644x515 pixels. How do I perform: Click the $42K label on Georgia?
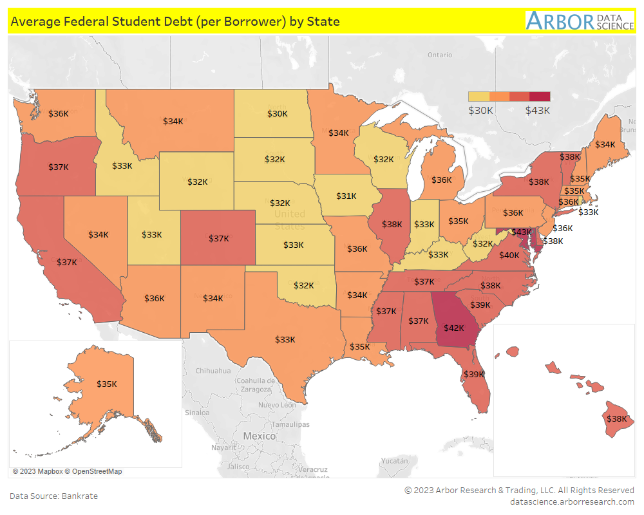point(453,328)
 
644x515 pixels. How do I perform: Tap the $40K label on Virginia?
point(509,256)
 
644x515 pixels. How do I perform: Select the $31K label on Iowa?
point(346,196)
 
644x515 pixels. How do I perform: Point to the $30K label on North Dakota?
point(278,114)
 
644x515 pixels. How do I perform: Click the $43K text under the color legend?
point(538,110)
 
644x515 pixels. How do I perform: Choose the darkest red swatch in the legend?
point(540,97)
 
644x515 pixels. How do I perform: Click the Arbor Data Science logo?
point(580,21)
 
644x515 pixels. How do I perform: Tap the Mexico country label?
point(259,436)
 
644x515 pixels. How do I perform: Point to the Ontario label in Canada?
point(440,55)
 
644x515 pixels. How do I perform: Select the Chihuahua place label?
point(213,371)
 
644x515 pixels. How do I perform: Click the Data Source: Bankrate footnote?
point(53,496)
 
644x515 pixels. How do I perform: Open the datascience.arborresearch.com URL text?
point(572,501)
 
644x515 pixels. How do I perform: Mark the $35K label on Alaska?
point(107,384)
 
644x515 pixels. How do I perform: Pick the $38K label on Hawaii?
point(616,418)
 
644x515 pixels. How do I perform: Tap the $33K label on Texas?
point(285,339)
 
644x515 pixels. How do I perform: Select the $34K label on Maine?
point(605,145)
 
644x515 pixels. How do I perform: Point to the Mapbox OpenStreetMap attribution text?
point(67,472)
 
